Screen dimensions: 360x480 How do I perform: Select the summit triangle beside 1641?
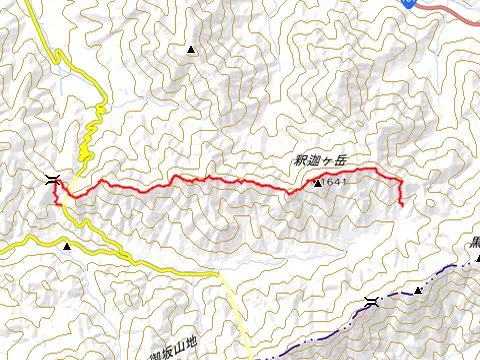click(x=318, y=184)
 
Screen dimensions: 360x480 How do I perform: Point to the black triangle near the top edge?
click(x=191, y=48)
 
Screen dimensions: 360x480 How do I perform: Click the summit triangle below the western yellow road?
click(x=67, y=246)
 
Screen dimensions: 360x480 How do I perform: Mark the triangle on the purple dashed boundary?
click(x=419, y=290)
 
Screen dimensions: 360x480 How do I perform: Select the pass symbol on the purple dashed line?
click(x=372, y=302)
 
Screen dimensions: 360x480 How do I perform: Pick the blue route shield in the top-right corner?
click(x=410, y=3)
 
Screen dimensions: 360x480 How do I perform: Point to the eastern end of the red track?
click(x=401, y=205)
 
